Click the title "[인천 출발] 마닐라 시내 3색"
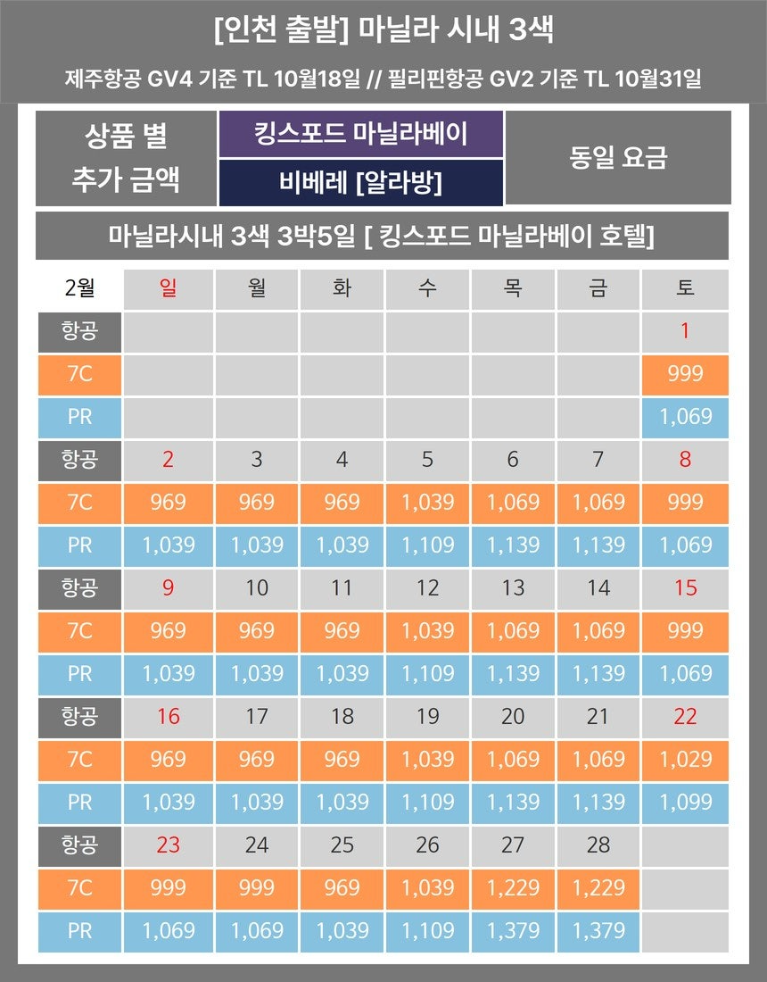coord(383,30)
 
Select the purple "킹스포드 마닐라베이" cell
coord(360,135)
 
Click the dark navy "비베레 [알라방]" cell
coord(360,183)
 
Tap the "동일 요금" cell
coord(617,158)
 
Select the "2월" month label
coord(80,288)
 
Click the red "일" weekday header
coord(168,288)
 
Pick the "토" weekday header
coord(685,288)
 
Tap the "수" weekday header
coord(427,288)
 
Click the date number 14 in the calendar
coord(598,587)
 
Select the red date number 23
coord(168,845)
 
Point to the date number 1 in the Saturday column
coord(685,331)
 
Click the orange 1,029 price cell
coord(685,759)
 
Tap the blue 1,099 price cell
coord(685,802)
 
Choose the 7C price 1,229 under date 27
coord(513,887)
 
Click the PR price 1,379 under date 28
coord(598,930)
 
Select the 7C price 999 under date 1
coord(685,374)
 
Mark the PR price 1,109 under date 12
coord(427,673)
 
